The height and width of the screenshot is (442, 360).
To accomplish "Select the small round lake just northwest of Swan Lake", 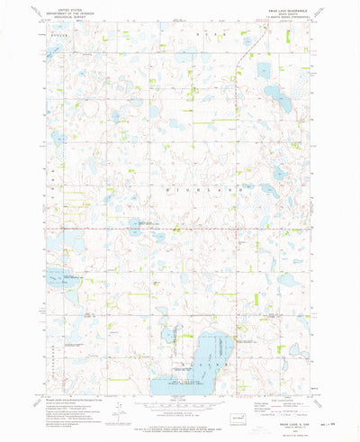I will pyautogui.click(x=168, y=336).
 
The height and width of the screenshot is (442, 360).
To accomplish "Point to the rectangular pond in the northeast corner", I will pyautogui.click(x=263, y=69).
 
